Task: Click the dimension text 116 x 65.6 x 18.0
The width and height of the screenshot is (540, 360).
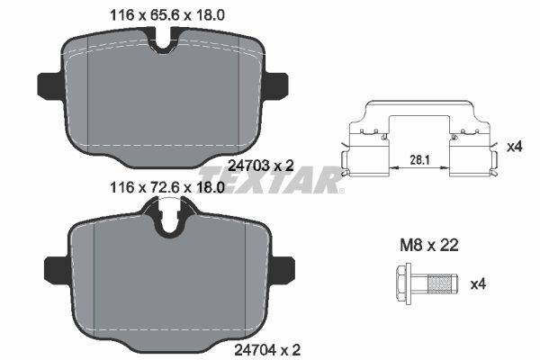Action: [167, 15]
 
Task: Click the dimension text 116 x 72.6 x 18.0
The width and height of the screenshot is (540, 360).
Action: [167, 188]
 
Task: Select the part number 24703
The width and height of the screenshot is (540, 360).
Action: [248, 166]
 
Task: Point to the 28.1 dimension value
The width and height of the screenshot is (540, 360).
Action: [419, 160]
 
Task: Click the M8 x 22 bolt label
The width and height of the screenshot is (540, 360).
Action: [429, 246]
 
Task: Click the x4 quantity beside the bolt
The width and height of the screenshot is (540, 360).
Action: [479, 284]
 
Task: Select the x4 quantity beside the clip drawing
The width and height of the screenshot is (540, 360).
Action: [515, 147]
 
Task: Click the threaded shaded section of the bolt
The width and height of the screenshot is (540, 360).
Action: [439, 284]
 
